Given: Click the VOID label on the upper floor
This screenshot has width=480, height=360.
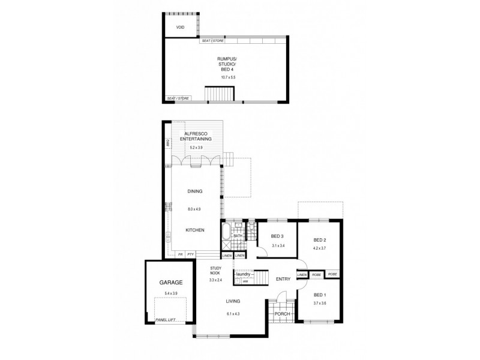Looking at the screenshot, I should pos(180,28).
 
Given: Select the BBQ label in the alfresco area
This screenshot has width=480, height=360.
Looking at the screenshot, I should pos(169,143).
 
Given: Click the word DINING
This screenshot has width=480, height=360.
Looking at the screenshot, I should pos(194,191).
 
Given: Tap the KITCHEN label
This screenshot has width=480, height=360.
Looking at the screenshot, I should pos(195,230).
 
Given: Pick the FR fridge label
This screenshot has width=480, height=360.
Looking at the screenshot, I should pos(179,255).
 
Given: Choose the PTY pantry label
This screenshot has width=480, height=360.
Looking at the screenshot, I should pos(191,255).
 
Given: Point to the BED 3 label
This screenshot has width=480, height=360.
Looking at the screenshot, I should pos(277,236).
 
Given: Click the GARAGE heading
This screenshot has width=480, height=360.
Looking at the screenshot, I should pos(170,282).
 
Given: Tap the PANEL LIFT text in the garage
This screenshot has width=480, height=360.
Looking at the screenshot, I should pos(164,320).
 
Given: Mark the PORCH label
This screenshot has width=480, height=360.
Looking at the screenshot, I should pos(282,314).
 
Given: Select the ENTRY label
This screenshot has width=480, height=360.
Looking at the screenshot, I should pos(283,279).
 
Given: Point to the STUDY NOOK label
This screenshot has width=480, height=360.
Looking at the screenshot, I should pos(216,271).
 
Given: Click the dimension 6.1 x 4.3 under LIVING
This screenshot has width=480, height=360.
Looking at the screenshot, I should pos(233,314).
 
